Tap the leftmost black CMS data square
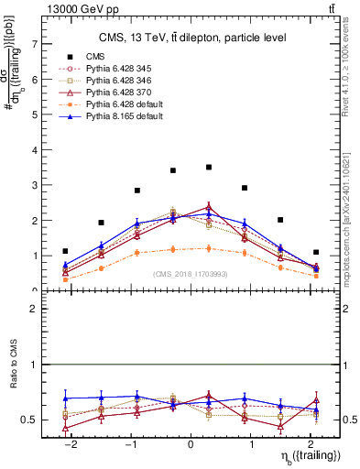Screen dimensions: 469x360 click(65, 251)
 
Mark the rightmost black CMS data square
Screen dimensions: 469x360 click(316, 252)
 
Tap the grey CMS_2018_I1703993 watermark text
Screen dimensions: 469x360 click(191, 273)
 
